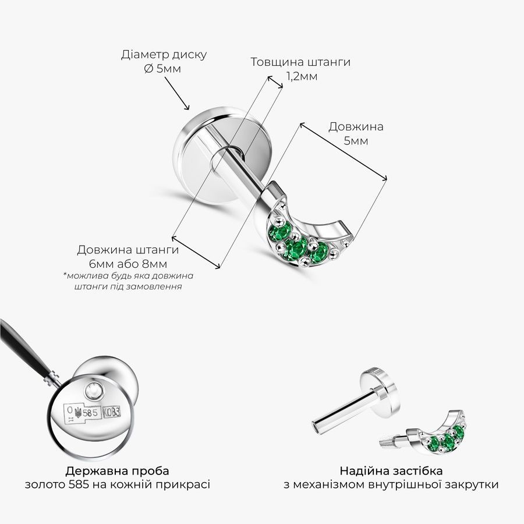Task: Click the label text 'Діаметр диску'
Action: click(164, 55)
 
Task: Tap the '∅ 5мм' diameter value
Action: click(163, 69)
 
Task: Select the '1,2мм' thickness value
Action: click(302, 76)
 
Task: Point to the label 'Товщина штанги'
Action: click(300, 62)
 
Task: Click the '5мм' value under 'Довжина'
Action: click(356, 141)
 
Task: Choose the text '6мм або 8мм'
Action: click(128, 264)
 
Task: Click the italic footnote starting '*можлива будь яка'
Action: click(128, 281)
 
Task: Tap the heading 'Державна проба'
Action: click(117, 471)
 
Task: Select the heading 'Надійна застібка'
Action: click(391, 471)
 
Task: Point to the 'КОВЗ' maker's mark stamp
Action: click(112, 412)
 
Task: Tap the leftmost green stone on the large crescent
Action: click(278, 232)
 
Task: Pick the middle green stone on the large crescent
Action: click(296, 249)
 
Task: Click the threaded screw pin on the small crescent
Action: click(387, 442)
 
